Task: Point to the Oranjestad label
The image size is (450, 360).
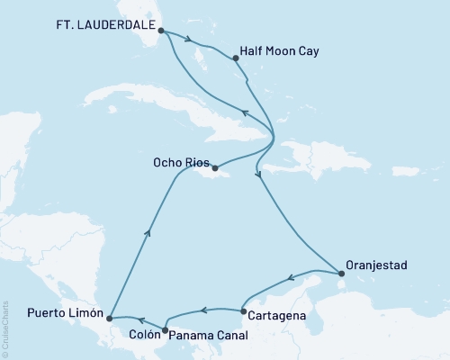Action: tap(377, 265)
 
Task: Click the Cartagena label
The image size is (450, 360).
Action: tap(280, 316)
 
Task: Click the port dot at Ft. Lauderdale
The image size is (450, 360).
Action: tap(161, 31)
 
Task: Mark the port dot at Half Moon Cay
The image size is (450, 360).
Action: tap(236, 58)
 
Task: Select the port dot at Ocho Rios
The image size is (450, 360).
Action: tap(214, 166)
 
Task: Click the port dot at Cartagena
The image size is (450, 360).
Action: tap(243, 311)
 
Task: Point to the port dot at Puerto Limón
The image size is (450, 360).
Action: tap(108, 317)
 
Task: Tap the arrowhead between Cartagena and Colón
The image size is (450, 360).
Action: tap(203, 311)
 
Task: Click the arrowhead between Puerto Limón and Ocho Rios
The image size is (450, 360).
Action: tap(148, 232)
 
